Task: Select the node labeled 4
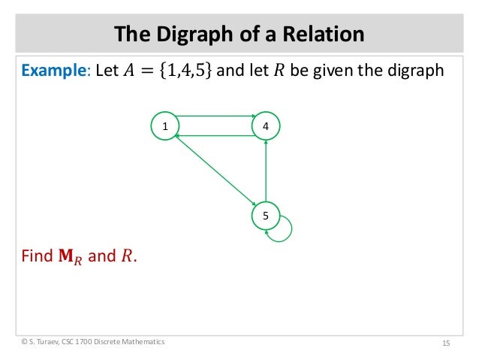click(266, 127)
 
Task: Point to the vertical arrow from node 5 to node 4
click(266, 171)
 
